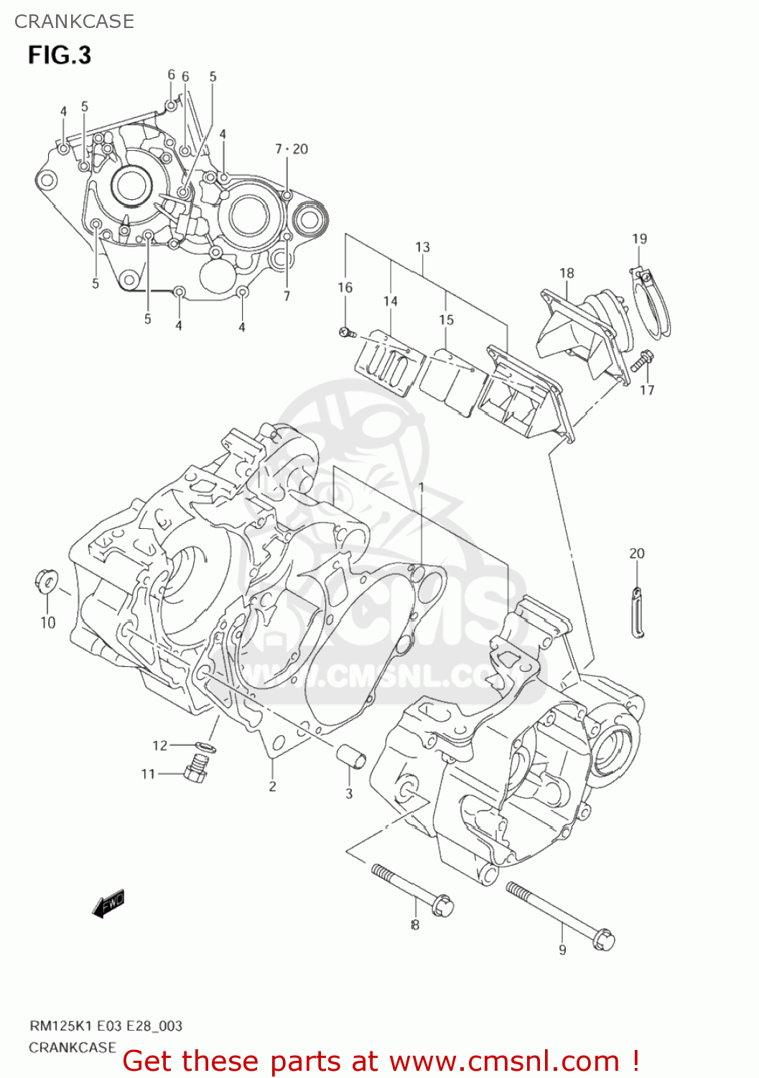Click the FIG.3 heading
tap(60, 55)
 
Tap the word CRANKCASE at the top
tap(74, 22)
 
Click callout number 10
tap(47, 622)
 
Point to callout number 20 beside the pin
tap(637, 553)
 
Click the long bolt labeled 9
tap(560, 913)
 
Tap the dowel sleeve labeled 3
tap(351, 757)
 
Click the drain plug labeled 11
tap(195, 772)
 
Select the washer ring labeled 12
tap(205, 747)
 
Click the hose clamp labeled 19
tap(654, 306)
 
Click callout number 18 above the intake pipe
tap(567, 273)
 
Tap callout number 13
tap(422, 247)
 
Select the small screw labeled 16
tap(346, 331)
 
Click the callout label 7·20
tap(291, 149)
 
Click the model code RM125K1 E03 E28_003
tap(106, 1026)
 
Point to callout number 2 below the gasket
tap(272, 786)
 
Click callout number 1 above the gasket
tap(422, 488)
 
